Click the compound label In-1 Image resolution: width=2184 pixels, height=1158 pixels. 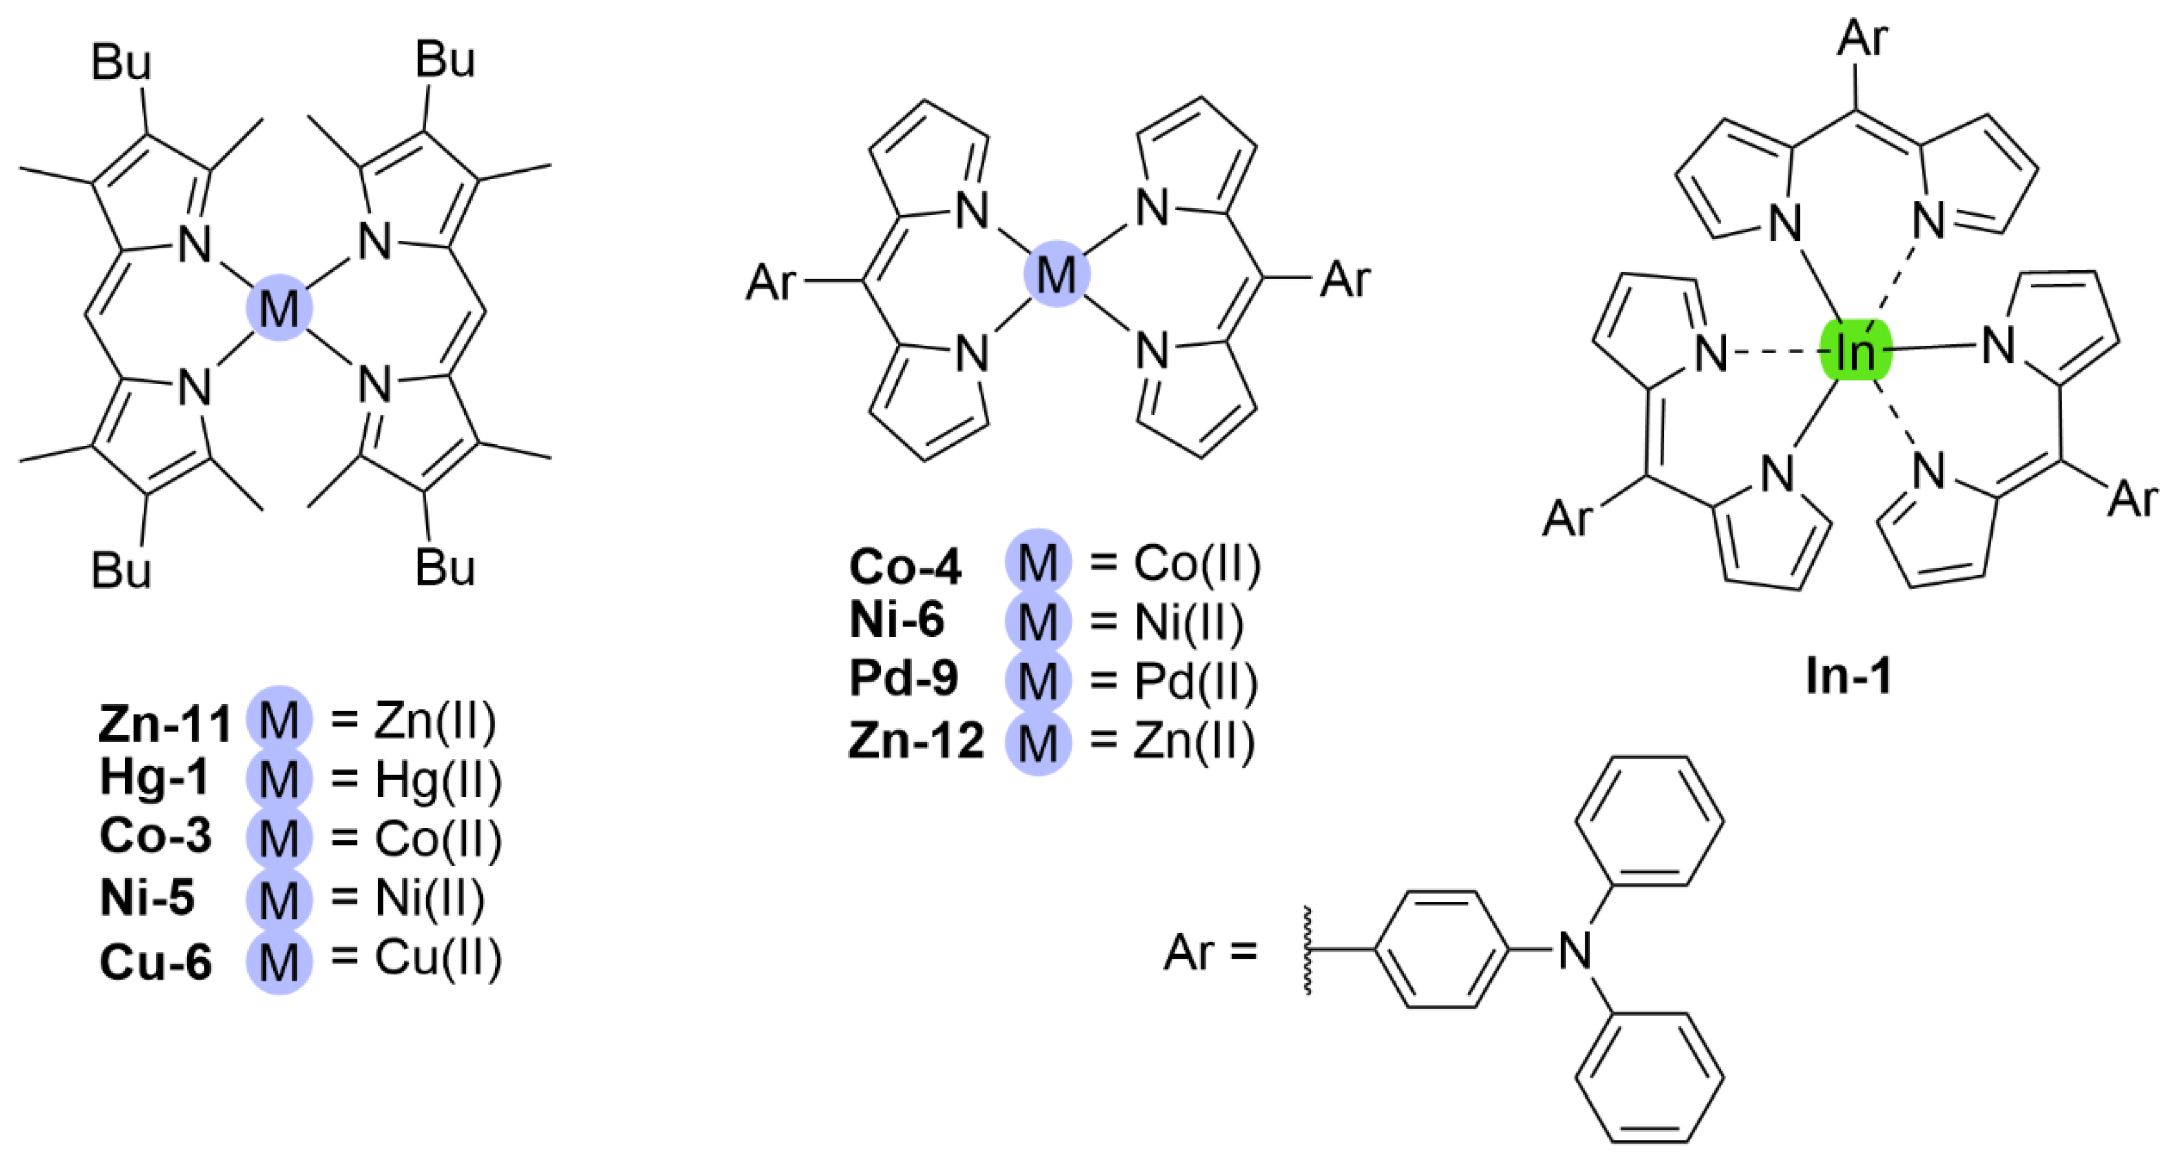point(1848,676)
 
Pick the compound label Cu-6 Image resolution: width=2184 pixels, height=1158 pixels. point(155,962)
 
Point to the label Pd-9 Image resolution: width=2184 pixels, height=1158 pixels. point(904,678)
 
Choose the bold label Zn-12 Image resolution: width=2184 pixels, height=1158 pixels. point(915,740)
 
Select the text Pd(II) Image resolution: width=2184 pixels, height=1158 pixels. point(1195,682)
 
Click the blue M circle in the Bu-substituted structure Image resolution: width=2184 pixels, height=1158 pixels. point(279,308)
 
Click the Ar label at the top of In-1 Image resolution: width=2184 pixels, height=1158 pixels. point(1862,38)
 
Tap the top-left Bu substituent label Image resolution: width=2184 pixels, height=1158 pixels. point(121,63)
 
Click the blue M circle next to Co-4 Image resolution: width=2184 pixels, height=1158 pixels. point(1038,563)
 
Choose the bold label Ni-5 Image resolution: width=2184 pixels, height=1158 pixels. point(147,898)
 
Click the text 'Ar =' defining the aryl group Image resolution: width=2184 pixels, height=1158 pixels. point(1210,952)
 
